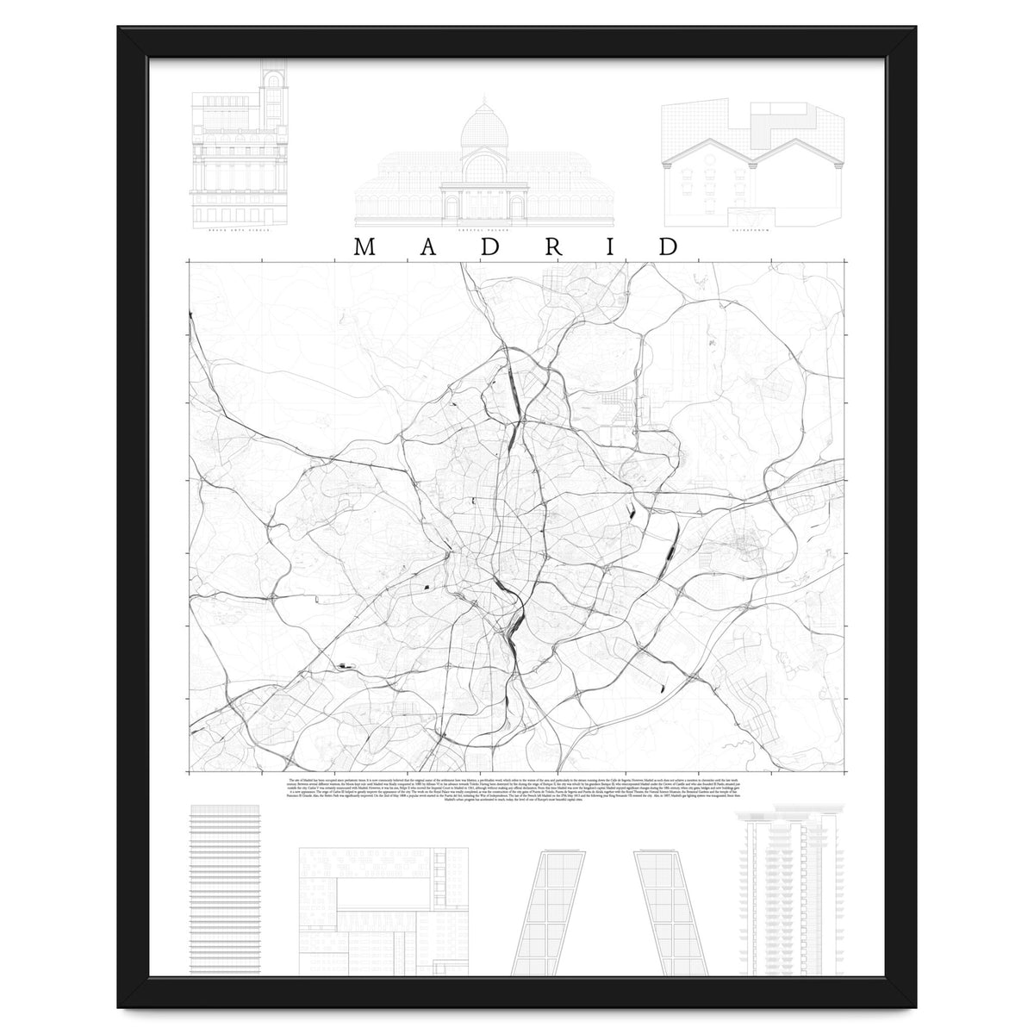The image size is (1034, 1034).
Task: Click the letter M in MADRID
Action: (363, 246)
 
